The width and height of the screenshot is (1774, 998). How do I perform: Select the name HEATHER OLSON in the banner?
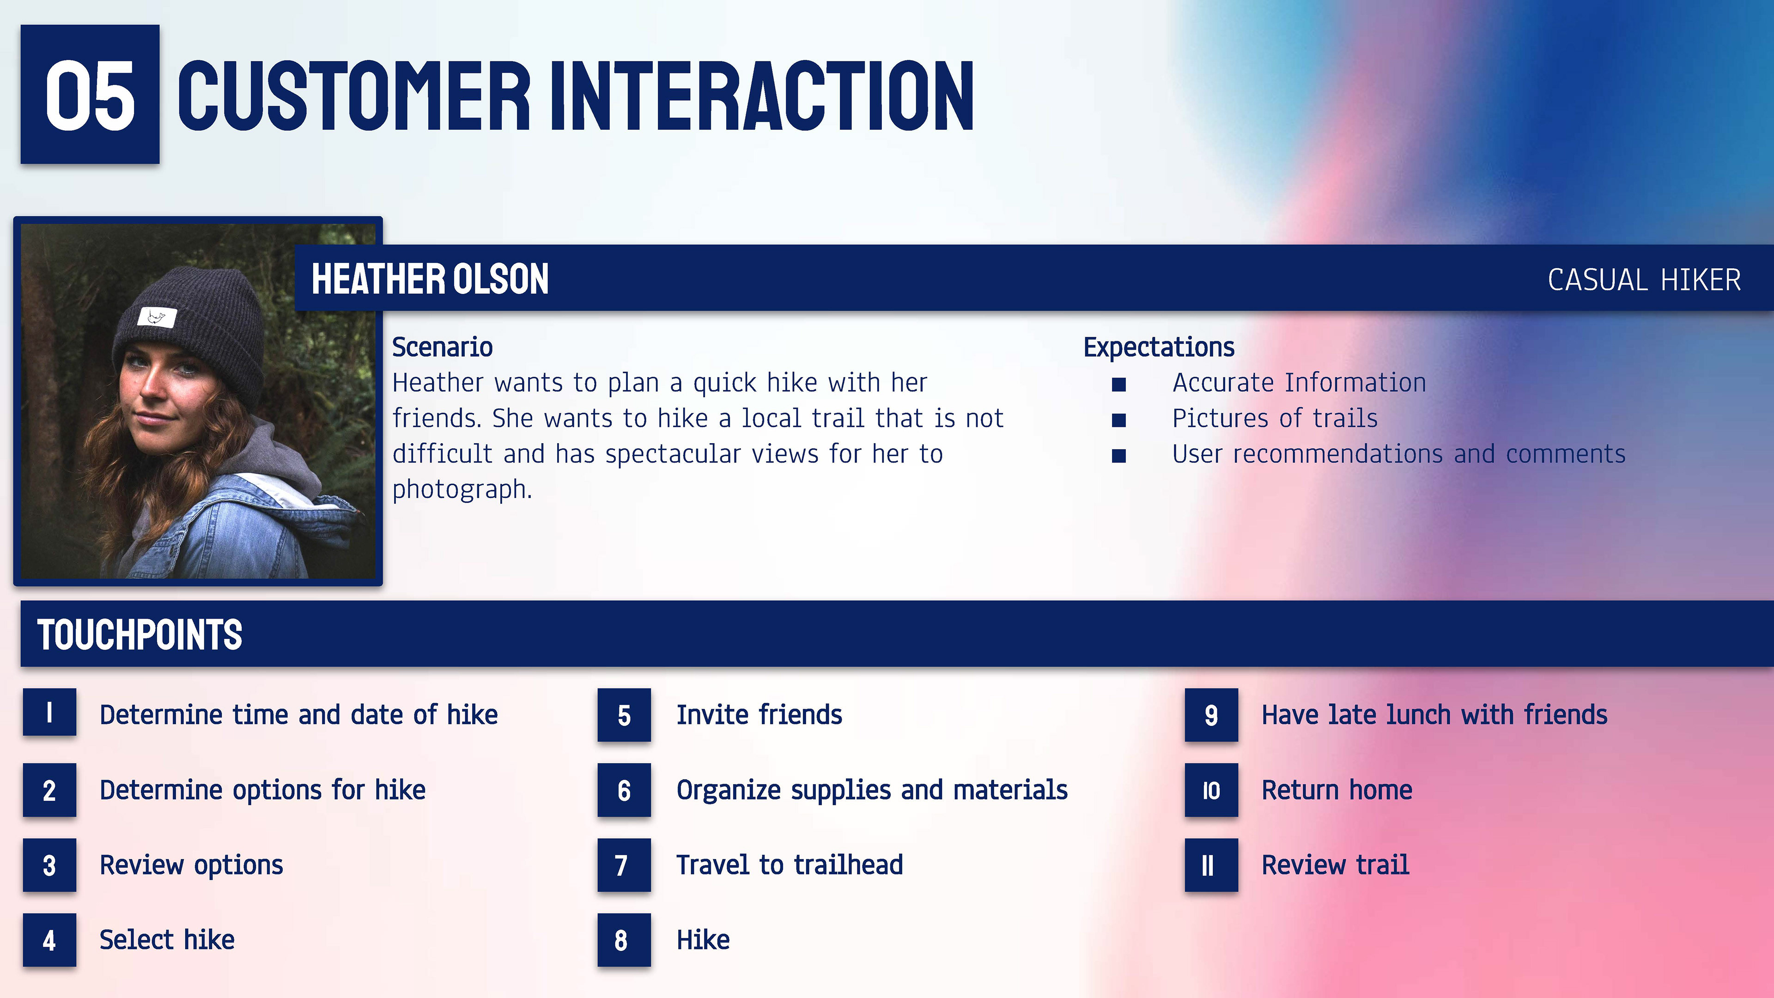point(430,279)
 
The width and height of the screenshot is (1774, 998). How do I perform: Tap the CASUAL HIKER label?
point(1645,280)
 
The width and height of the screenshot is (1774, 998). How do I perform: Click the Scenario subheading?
point(442,347)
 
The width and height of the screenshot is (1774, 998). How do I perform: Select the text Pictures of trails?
point(1275,418)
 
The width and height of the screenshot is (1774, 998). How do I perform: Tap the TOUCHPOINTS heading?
point(140,634)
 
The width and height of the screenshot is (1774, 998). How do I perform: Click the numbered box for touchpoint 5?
point(624,715)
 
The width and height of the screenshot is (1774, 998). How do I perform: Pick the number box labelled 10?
point(1211,790)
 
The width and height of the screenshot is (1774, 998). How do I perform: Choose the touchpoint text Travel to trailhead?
point(789,865)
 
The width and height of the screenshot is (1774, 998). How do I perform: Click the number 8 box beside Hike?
point(624,940)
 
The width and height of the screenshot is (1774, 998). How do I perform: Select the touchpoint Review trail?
point(1335,865)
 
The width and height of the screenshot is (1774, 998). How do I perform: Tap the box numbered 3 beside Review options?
point(49,865)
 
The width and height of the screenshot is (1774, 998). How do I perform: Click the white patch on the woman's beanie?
point(157,317)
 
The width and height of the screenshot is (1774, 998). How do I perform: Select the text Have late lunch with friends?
point(1434,715)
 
